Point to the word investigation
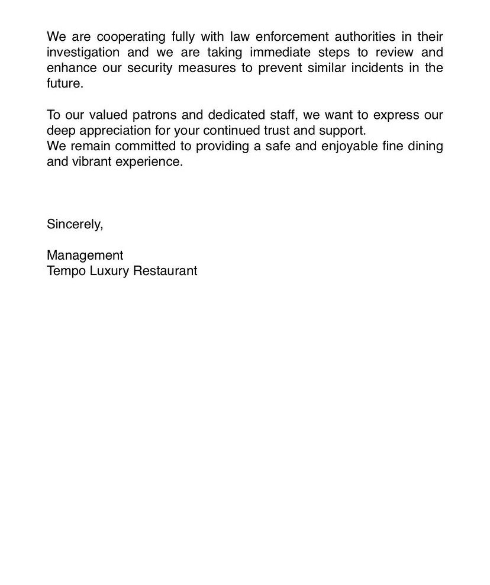(x=83, y=52)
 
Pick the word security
(x=150, y=67)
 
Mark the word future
(x=65, y=83)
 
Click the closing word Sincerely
(x=75, y=224)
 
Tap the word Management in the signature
(x=85, y=256)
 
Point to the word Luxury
(x=109, y=271)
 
